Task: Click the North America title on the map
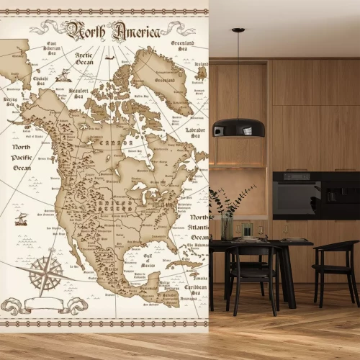(105, 30)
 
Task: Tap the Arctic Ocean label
(84, 58)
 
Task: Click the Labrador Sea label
(195, 133)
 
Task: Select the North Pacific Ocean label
(21, 157)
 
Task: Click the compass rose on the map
(45, 274)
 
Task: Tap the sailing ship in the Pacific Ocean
(21, 218)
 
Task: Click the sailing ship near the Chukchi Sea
(63, 74)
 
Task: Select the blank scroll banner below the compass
(44, 305)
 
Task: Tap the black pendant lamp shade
(238, 127)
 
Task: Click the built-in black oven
(297, 195)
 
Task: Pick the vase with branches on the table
(228, 216)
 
